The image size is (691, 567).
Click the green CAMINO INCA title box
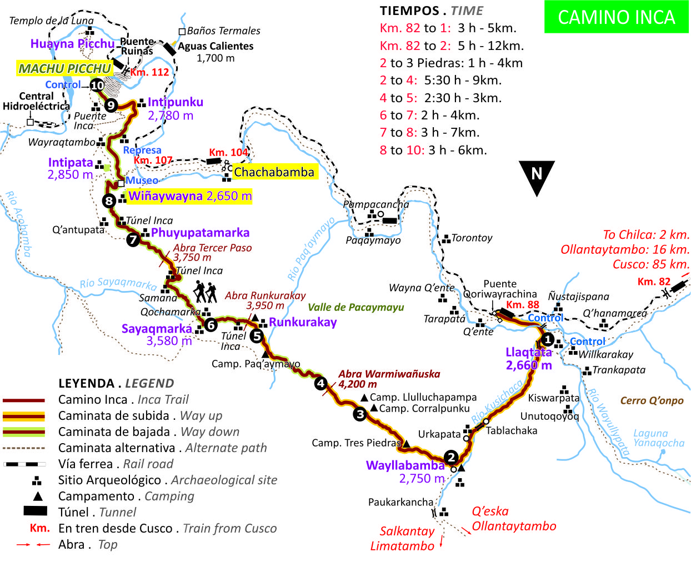pos(616,17)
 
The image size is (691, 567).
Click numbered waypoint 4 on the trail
pos(321,383)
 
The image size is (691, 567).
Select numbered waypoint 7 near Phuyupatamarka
pos(133,240)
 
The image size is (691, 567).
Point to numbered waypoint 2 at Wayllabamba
pos(452,457)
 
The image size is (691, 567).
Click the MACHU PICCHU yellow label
pos(64,68)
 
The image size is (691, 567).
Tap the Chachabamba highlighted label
pos(274,172)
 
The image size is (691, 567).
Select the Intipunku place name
pos(176,102)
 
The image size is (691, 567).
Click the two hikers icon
pos(205,292)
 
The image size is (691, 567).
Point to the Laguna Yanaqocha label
pos(658,438)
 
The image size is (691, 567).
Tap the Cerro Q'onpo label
pos(652,400)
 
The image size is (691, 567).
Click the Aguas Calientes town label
pos(216,46)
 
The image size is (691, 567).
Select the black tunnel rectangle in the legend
pos(35,511)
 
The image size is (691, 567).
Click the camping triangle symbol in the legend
pos(37,496)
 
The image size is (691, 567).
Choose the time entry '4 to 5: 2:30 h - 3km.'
pos(440,98)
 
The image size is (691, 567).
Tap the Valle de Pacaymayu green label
pos(355,307)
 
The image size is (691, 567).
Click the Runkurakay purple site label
pos(303,322)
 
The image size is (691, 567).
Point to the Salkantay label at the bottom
pos(407,531)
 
